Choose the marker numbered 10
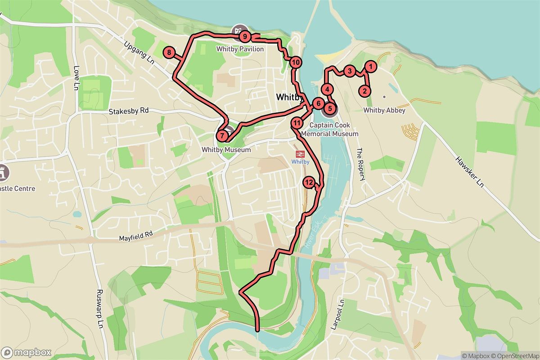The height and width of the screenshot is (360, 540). coord(295,63)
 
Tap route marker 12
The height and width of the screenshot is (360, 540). coord(309,182)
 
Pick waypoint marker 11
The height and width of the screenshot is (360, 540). coord(297,122)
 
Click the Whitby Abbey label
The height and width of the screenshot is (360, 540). coord(384,110)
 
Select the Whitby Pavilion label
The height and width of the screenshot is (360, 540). coord(240,49)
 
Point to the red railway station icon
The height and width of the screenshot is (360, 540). coord(300,154)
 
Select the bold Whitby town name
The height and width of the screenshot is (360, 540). coord(288,97)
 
